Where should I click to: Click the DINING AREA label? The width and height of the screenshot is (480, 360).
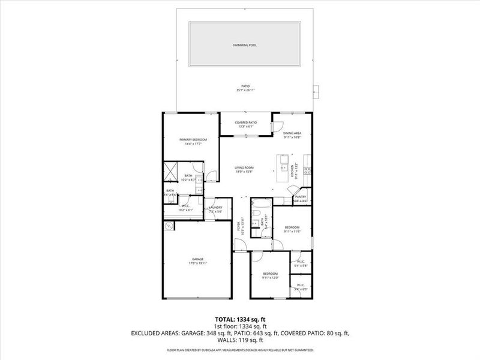click(x=292, y=133)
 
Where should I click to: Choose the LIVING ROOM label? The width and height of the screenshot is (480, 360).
click(x=244, y=167)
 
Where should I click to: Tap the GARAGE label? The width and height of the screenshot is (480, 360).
click(x=197, y=259)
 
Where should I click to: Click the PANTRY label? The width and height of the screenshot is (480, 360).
click(x=301, y=196)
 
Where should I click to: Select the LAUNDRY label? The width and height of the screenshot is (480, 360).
click(x=215, y=208)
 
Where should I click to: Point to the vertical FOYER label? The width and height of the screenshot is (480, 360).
click(x=239, y=226)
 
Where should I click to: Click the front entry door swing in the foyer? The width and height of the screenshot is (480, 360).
click(x=239, y=245)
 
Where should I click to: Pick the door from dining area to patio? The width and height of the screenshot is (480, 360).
click(x=277, y=125)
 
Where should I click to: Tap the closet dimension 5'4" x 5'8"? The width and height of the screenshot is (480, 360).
click(x=301, y=265)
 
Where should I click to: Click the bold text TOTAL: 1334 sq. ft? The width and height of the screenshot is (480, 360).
click(x=239, y=319)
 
